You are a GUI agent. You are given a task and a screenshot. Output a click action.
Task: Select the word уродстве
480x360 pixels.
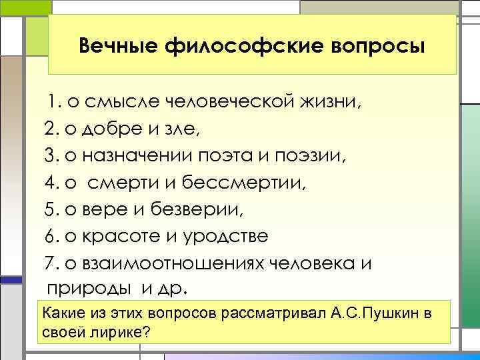point(229,237)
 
